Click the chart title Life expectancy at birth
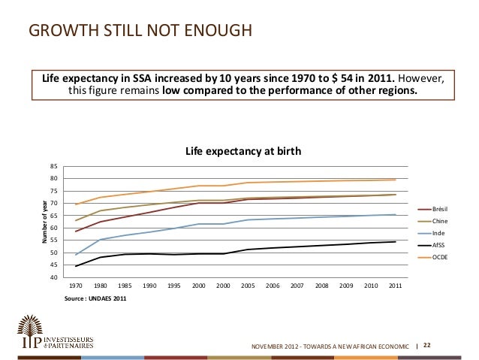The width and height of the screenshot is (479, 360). [243, 151]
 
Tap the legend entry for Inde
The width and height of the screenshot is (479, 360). [439, 233]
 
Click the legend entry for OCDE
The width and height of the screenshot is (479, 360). [441, 257]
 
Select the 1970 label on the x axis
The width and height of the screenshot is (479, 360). [76, 286]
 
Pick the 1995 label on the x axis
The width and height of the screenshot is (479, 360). [174, 286]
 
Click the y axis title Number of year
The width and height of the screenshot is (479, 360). [45, 222]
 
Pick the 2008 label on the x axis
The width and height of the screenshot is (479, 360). [322, 286]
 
